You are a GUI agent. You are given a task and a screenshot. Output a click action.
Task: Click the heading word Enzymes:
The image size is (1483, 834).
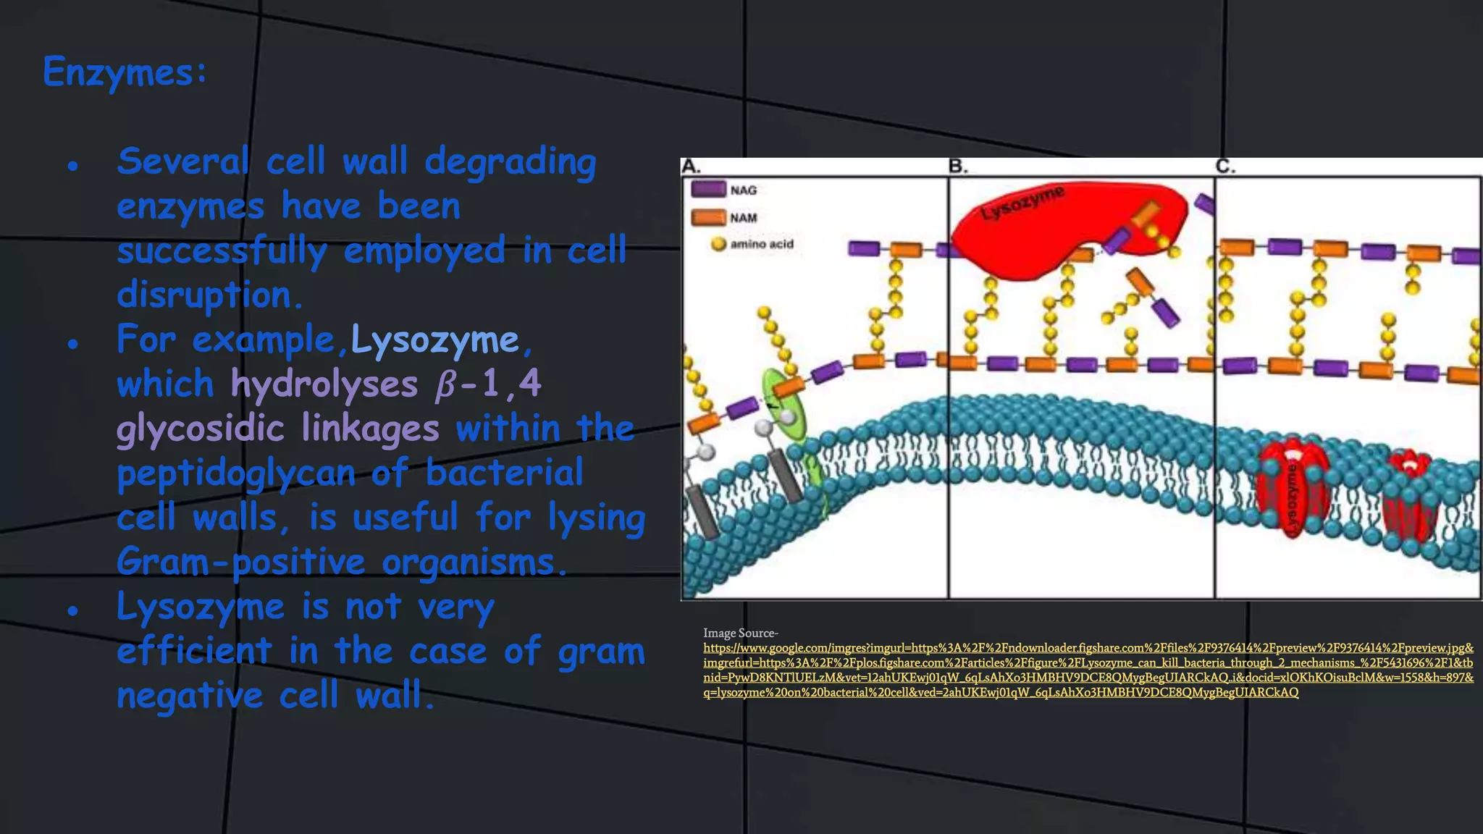click(125, 72)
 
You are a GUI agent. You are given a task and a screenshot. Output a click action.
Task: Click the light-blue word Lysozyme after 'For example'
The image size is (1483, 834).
click(434, 340)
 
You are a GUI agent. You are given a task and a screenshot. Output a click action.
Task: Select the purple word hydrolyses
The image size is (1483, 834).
click(324, 384)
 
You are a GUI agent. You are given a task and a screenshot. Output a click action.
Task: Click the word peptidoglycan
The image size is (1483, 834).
click(235, 473)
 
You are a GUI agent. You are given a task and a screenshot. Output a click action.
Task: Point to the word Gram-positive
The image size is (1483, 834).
click(240, 563)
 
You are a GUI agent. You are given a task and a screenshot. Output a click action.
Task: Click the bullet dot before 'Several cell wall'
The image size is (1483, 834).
click(72, 167)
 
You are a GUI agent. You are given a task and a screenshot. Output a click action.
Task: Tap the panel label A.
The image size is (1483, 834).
click(691, 167)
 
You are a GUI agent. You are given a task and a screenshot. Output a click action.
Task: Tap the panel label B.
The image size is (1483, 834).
click(957, 167)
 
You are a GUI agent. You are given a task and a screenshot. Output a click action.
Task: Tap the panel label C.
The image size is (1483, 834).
click(1224, 167)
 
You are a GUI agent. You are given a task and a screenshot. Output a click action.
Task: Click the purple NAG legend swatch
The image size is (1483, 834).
click(708, 190)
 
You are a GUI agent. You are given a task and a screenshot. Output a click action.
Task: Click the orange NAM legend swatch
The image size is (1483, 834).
click(708, 217)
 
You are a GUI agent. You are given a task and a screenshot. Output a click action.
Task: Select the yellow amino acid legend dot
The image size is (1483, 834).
click(718, 244)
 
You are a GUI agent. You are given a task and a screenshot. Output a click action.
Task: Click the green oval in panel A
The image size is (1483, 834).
click(783, 405)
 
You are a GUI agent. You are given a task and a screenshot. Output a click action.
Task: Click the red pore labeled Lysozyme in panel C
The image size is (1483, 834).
click(1293, 492)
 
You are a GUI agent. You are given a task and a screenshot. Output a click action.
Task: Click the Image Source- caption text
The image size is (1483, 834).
click(740, 633)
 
